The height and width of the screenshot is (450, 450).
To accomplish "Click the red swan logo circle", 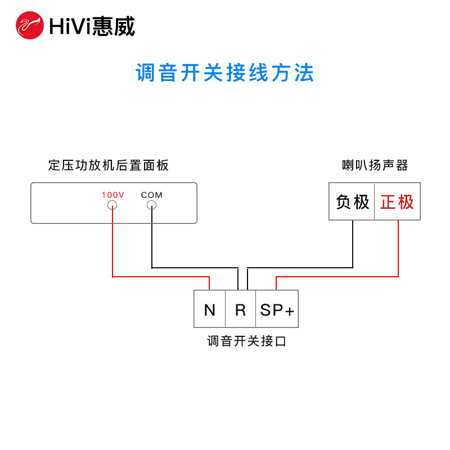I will pos(29,25).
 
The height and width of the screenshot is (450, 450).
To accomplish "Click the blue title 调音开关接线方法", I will pos(225,73).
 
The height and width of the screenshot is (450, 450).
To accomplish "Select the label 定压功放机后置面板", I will pos(109,165).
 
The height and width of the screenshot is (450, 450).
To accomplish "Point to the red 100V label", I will pos(112,195).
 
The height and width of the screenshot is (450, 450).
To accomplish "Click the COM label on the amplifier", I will pos(151,195).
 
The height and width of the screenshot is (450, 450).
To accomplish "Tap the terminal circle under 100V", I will pos(112,205).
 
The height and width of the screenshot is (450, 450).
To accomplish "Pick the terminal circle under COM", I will pos(151,205).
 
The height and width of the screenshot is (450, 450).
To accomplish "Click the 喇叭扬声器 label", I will pos(375,165).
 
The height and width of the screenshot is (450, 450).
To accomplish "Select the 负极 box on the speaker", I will pos(352,201).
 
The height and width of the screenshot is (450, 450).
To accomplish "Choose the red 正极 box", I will pos(397,201).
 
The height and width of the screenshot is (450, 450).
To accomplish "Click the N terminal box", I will pos(210,309).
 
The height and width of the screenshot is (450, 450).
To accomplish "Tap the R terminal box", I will pos(241,309).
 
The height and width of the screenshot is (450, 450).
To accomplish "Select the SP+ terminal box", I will pos(277,309).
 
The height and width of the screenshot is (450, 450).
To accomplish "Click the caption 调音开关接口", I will pos(247,341).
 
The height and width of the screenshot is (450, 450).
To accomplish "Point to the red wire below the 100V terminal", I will pos(112,242).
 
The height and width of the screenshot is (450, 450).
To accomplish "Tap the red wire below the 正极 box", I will pos(398,247).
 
